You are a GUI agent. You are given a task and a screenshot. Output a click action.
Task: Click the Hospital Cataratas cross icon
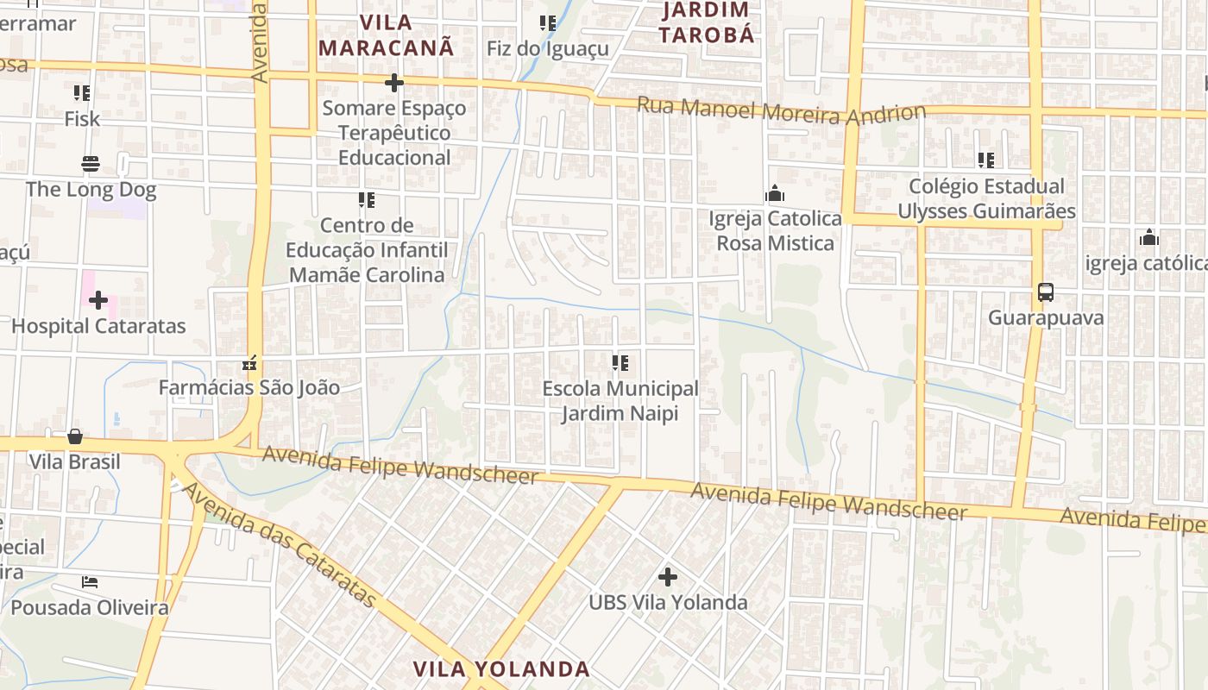98,300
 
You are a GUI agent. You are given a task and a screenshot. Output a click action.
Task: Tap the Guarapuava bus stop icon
1046,292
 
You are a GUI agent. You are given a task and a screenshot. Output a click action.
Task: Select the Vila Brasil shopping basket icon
75,436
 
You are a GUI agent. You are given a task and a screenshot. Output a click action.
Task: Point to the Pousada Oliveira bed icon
90,582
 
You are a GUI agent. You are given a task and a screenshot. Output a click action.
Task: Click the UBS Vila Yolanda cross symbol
667,577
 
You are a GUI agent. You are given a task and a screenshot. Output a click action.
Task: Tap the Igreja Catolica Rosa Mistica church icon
775,193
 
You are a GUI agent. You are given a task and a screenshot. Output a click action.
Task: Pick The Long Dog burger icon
91,164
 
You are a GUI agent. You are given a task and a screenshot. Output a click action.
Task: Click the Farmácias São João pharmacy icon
249,363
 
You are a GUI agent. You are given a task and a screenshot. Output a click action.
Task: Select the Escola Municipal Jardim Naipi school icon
620,363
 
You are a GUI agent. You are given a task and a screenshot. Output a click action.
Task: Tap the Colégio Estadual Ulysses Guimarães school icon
986,160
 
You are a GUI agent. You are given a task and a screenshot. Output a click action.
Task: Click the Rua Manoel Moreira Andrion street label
781,111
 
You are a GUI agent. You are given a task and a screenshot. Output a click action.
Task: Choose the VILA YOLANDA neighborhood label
501,669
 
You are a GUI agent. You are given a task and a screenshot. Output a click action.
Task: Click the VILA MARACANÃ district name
386,34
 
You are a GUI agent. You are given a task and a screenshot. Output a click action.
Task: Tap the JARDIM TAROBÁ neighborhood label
707,22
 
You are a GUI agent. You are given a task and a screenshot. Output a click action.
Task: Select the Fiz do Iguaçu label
548,48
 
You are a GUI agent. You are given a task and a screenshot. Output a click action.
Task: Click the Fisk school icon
82,92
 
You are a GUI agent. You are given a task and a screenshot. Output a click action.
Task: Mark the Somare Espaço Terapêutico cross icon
394,83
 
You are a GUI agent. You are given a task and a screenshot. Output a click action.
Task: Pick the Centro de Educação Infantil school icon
367,200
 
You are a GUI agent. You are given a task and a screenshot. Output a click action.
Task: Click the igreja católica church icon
1148,238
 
